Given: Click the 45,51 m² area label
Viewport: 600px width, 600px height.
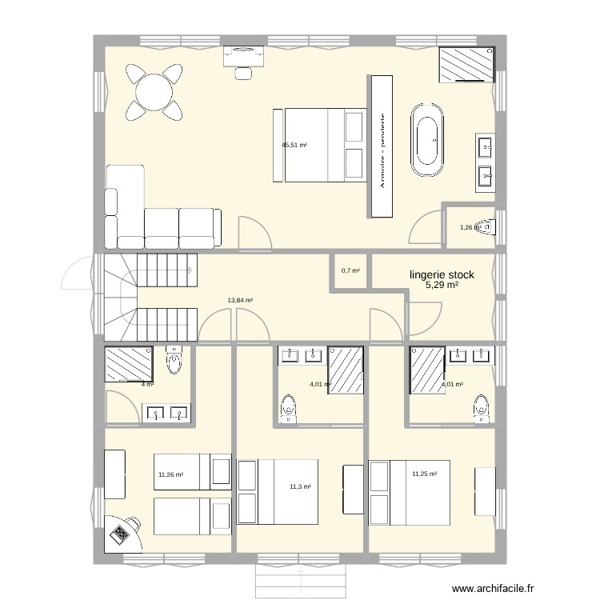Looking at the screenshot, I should click(x=294, y=146).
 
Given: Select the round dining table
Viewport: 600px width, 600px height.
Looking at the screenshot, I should click(x=154, y=92).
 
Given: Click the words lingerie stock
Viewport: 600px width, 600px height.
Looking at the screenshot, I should click(x=442, y=274).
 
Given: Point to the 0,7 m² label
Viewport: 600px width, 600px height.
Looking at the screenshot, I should click(x=350, y=270).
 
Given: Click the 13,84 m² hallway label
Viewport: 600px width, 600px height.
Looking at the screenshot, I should click(x=240, y=301).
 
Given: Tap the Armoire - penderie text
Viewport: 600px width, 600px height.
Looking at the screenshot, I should click(x=383, y=150).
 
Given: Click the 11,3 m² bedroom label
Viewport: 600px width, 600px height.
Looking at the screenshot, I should click(x=300, y=486).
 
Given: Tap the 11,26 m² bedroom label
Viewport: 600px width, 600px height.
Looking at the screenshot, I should click(x=170, y=474).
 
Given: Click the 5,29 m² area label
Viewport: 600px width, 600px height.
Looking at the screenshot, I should click(x=442, y=286).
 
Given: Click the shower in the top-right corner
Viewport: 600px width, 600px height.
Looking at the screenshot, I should click(x=466, y=64).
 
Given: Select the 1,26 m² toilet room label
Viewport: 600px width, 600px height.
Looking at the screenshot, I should click(x=469, y=227).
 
